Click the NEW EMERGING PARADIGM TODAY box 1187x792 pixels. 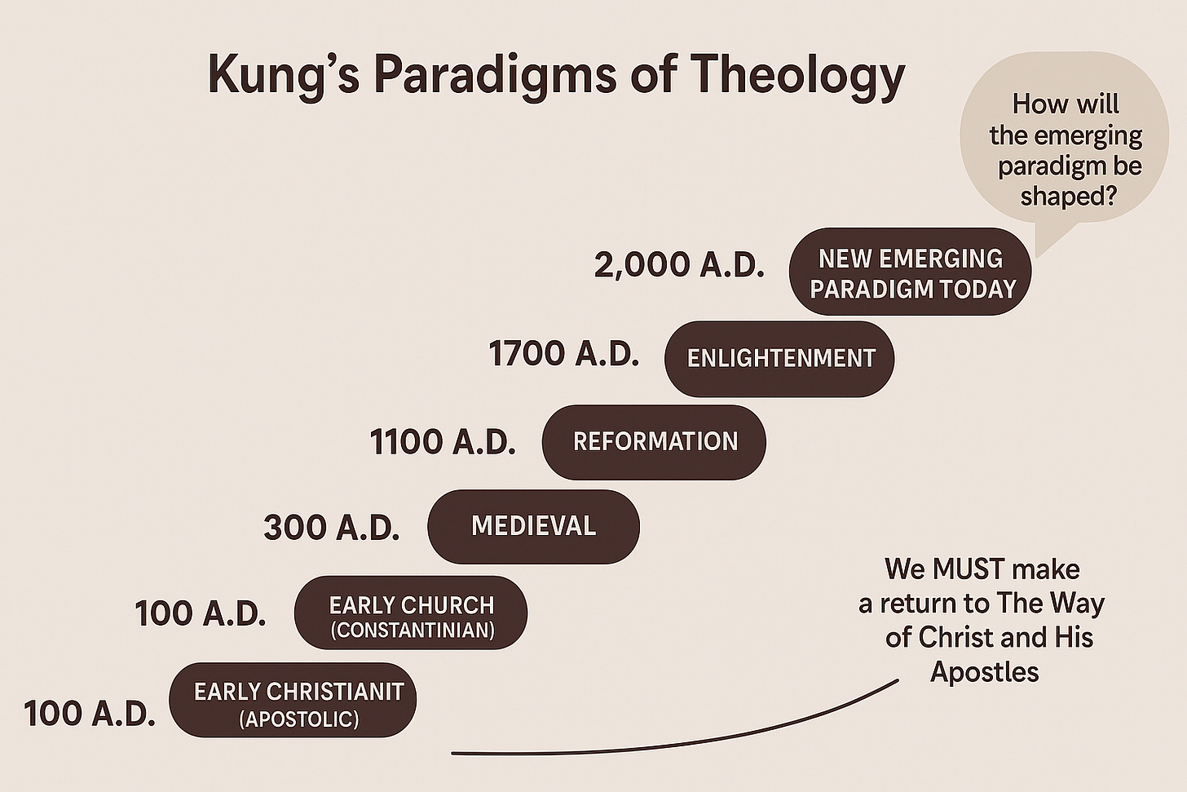[x=910, y=272]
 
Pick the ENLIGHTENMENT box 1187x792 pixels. [x=779, y=358]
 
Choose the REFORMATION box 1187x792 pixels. [x=654, y=441]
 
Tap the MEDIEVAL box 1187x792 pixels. [x=533, y=526]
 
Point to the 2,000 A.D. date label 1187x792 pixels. [x=679, y=265]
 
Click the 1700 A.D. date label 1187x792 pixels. [x=563, y=354]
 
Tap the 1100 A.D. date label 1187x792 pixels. [x=443, y=441]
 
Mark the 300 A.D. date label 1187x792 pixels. [x=331, y=528]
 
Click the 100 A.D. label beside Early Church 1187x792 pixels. [x=201, y=613]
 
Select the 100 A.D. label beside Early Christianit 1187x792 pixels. [x=90, y=714]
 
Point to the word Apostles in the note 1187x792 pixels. [x=984, y=671]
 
